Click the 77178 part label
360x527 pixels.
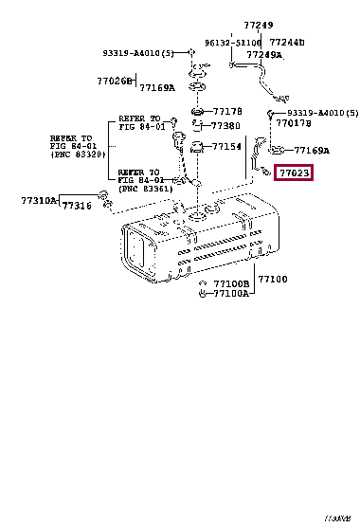tap(227, 111)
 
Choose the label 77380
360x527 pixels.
tap(225, 125)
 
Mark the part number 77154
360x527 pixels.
tap(225, 147)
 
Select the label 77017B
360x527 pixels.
tap(294, 123)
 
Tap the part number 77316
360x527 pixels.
tap(77, 206)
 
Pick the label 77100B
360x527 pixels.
tap(230, 283)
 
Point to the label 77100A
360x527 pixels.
tap(230, 294)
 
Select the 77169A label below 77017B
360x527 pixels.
tap(312, 150)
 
